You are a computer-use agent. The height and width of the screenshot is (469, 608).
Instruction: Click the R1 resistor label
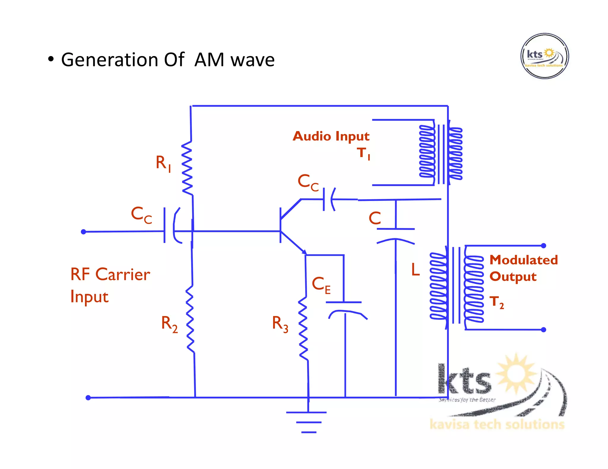coord(163,163)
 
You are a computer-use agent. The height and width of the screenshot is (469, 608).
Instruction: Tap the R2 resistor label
coord(169,324)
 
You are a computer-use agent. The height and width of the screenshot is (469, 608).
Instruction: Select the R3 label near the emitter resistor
coord(280,324)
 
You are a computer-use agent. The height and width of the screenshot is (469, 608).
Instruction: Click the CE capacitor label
coord(321,285)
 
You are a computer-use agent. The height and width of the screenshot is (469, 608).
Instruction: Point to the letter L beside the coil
coord(415,270)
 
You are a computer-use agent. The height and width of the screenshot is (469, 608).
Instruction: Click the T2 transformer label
coord(496,302)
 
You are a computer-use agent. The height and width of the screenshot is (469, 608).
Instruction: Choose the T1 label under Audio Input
coord(363,154)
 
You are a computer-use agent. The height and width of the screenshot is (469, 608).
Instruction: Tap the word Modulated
coord(523,260)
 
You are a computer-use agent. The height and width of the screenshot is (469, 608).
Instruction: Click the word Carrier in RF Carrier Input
coord(123,274)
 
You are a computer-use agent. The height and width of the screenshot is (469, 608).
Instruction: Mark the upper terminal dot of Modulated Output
coord(544,245)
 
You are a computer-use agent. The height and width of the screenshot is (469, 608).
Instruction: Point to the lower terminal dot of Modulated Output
coord(544,330)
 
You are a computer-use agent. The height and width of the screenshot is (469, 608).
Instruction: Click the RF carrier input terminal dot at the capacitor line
coord(83,232)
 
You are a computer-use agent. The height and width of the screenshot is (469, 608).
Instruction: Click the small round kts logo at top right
coord(544,56)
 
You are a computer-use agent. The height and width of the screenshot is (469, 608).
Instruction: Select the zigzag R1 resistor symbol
coord(187,168)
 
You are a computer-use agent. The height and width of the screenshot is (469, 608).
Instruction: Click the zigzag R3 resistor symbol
coord(303,328)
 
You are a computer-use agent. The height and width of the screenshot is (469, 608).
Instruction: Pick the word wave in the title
coord(253,60)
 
